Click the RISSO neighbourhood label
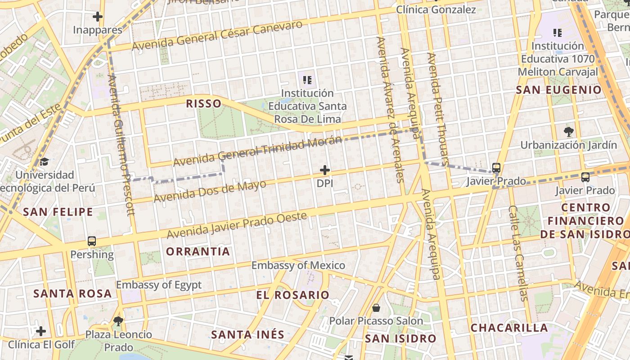(x=204, y=103)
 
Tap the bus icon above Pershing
(x=92, y=241)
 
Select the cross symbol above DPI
(x=325, y=170)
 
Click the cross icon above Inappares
(x=97, y=17)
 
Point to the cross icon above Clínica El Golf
(x=41, y=332)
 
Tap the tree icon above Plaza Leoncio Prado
(x=118, y=321)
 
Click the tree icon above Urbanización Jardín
(x=568, y=132)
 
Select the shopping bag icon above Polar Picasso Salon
(x=376, y=308)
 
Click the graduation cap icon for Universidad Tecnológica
(x=44, y=162)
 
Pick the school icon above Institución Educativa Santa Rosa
(x=307, y=80)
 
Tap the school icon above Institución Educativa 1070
(x=558, y=32)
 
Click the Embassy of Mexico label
(x=298, y=265)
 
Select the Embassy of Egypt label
(x=159, y=285)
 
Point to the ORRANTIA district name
(x=198, y=252)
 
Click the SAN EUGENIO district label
(x=558, y=90)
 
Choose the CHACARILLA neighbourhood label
(x=509, y=328)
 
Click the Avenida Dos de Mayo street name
(x=210, y=191)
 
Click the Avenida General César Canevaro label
(x=217, y=36)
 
